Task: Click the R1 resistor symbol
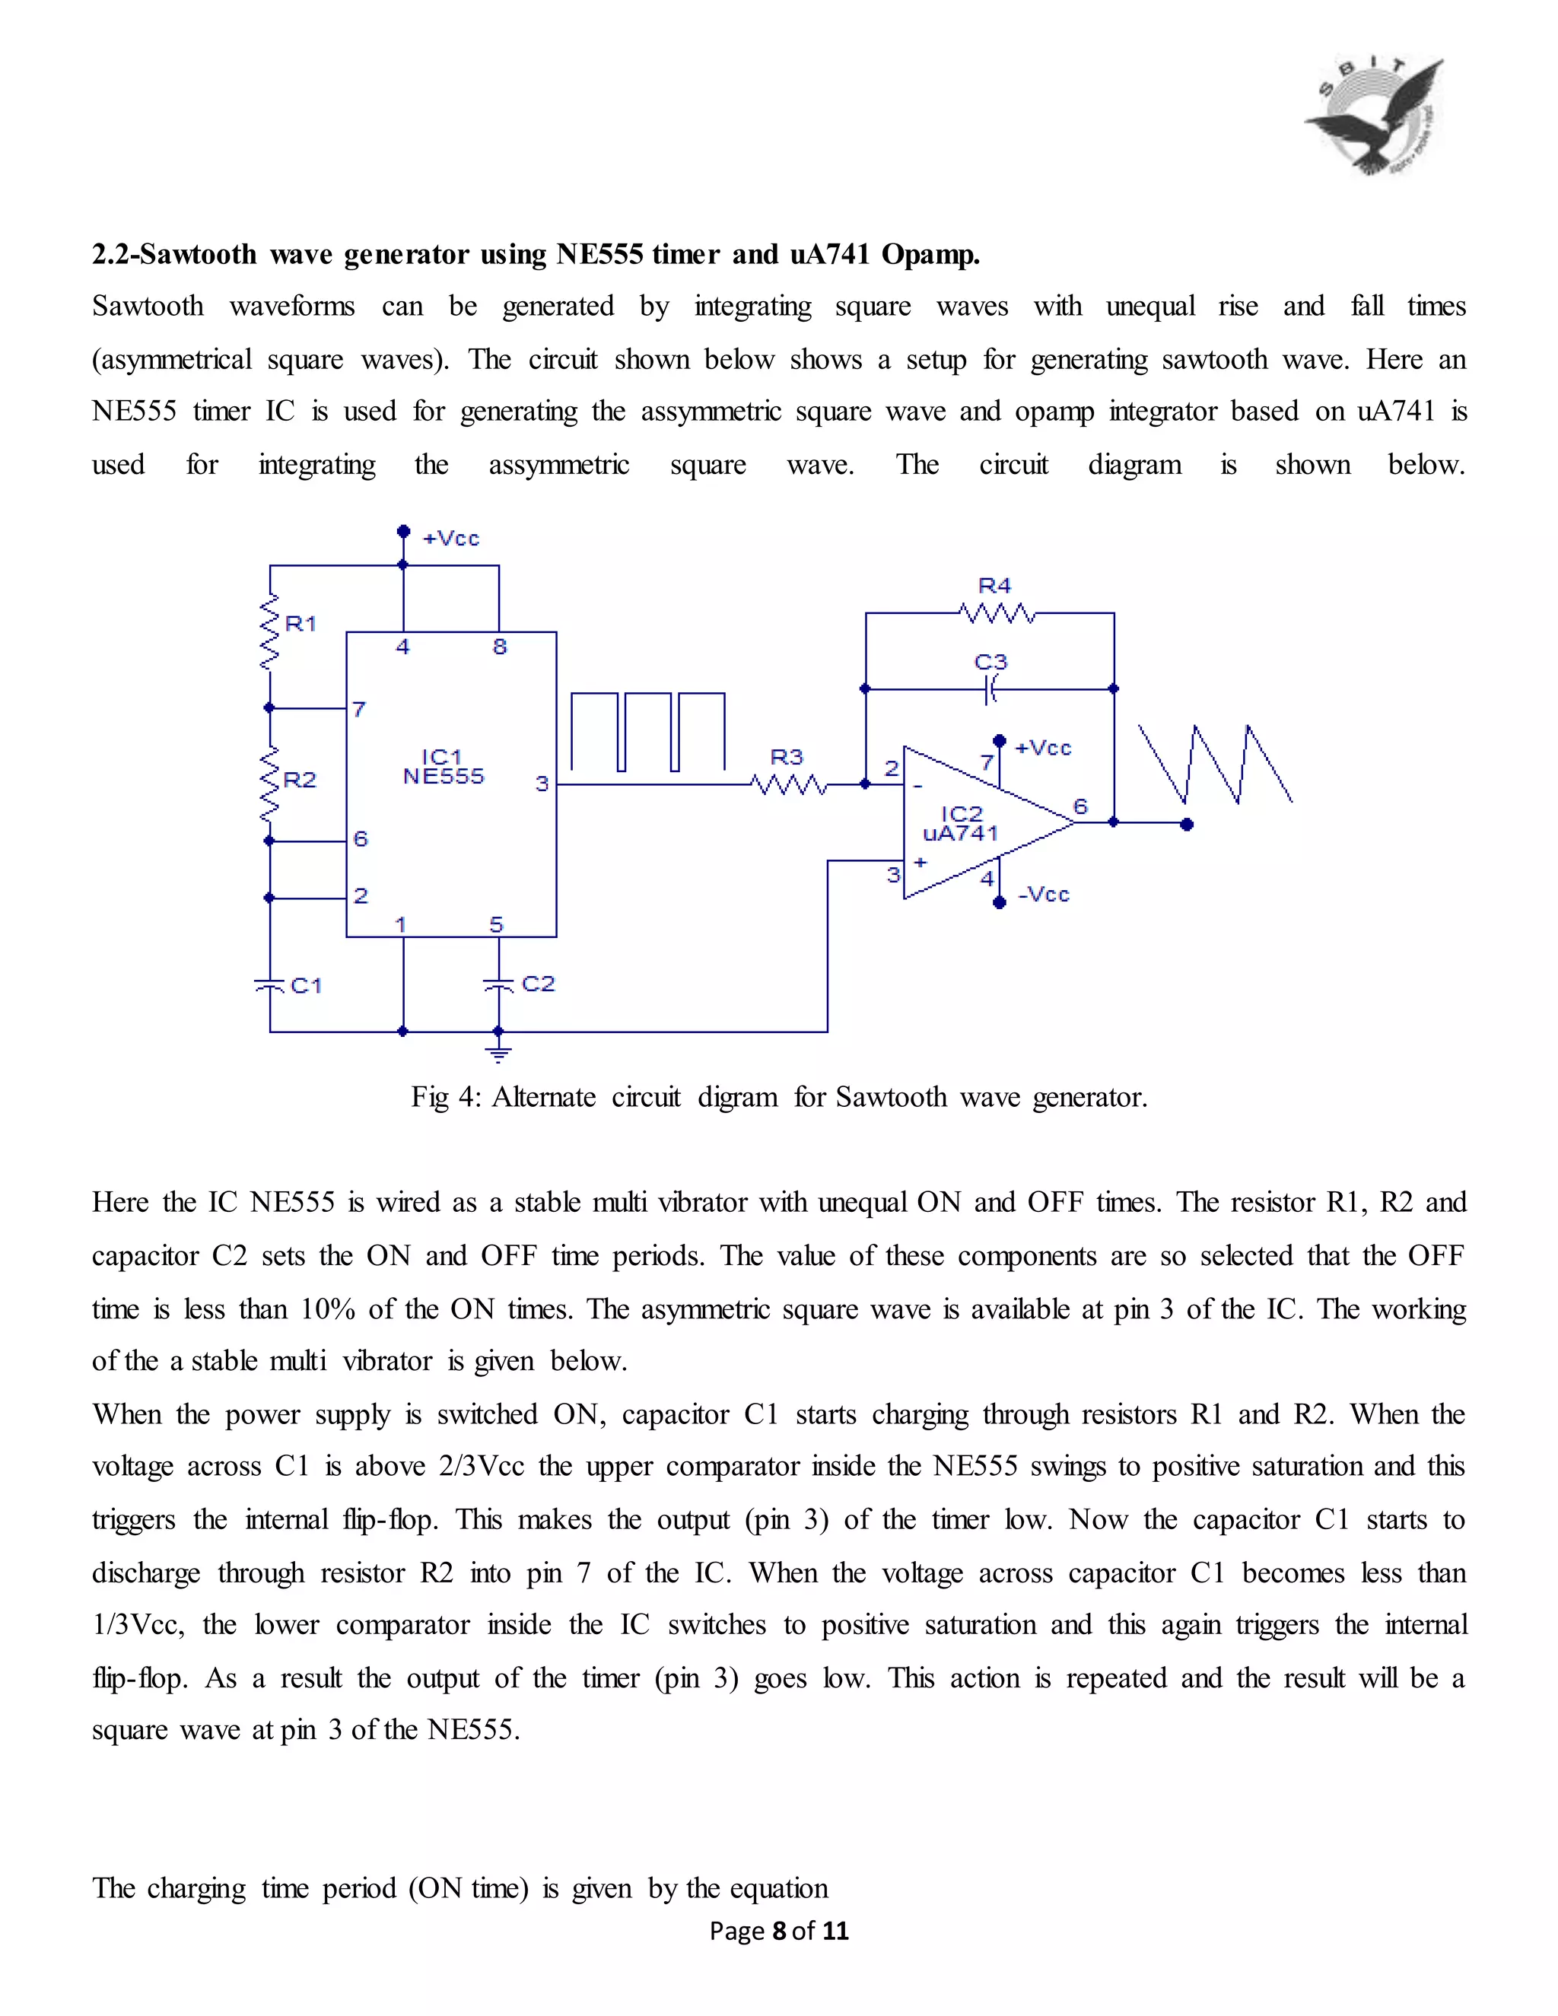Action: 269,631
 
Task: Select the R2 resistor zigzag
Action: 269,783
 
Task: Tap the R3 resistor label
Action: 787,757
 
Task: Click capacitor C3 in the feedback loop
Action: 990,688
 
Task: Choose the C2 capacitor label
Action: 538,983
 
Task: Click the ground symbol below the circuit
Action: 498,1053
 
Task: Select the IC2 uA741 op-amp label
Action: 961,823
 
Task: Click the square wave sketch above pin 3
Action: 648,731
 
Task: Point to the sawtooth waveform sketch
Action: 1215,765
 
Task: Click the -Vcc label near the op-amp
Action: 1044,894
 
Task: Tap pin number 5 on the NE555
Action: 497,924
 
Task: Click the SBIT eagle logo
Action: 1375,117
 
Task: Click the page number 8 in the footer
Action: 779,1930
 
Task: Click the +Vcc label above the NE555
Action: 451,538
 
